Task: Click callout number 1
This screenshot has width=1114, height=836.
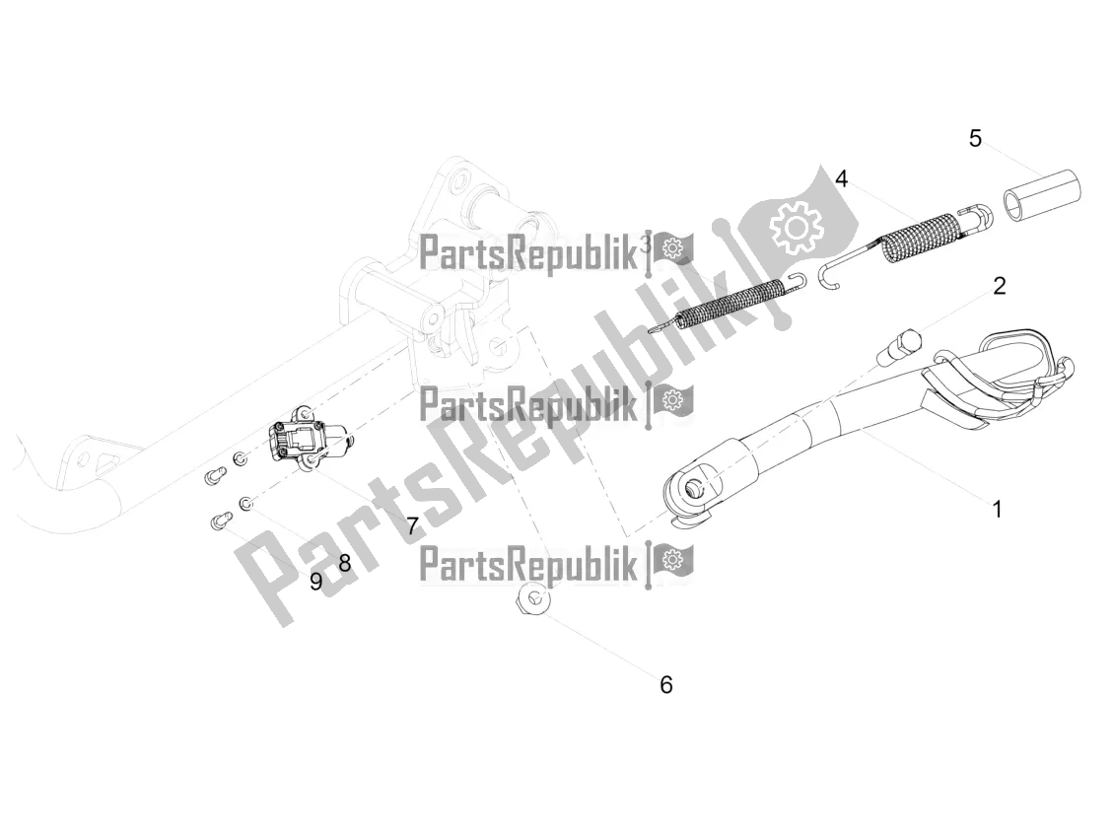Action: click(997, 510)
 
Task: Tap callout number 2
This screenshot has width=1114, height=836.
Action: click(999, 286)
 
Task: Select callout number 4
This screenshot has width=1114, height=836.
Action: click(841, 178)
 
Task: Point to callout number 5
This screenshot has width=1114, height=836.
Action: click(975, 138)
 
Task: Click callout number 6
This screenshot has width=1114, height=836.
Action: click(665, 685)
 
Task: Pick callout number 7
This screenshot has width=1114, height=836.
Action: click(412, 526)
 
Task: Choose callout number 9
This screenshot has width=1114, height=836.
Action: click(316, 582)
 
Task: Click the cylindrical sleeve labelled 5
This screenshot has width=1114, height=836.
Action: click(1041, 194)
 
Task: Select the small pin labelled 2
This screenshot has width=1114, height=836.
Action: click(898, 346)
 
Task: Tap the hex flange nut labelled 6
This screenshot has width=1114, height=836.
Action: click(532, 600)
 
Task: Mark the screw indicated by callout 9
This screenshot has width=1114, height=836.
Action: click(221, 522)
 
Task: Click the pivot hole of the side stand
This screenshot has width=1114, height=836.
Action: click(694, 487)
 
